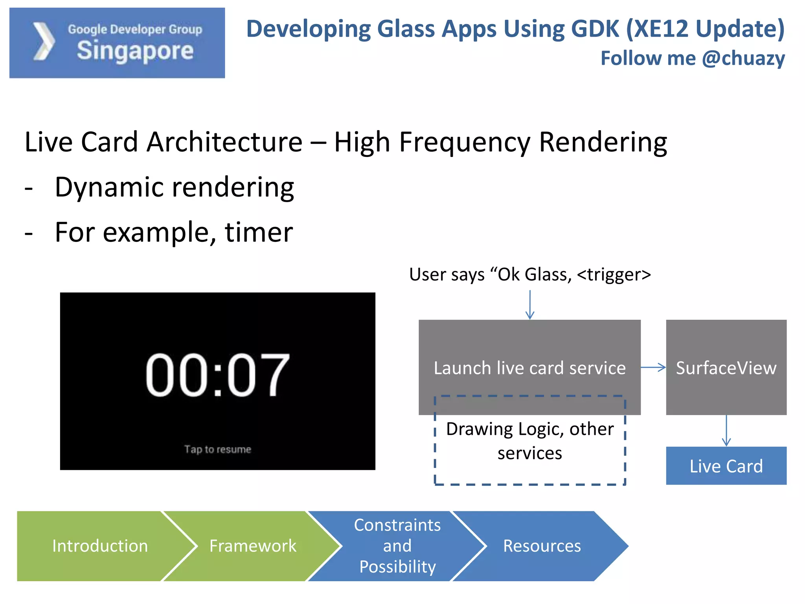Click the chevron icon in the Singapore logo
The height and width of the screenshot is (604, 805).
coord(44,42)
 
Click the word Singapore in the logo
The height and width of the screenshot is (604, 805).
coord(135,51)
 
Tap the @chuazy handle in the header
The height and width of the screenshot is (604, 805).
coord(743,58)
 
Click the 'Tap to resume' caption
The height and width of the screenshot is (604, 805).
coord(217,449)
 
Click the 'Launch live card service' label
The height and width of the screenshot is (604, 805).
coord(529,368)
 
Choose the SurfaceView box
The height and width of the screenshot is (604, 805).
coord(726,368)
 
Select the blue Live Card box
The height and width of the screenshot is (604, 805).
coord(726,466)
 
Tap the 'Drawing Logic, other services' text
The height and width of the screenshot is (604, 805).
coord(529,441)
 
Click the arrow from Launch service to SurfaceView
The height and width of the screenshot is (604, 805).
coord(653,368)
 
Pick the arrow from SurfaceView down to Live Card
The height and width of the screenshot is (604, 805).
coord(726,431)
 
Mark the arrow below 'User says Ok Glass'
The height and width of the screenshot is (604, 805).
coord(530,305)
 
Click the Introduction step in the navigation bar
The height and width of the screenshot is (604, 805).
coord(100,546)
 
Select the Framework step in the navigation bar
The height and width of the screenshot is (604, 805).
coord(253,546)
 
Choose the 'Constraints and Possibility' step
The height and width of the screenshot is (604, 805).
coord(397,546)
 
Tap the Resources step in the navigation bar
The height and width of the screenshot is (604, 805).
coord(542,546)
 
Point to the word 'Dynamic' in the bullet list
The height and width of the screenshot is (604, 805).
coord(108,187)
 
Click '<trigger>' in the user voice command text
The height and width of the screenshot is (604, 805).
coord(614,274)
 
